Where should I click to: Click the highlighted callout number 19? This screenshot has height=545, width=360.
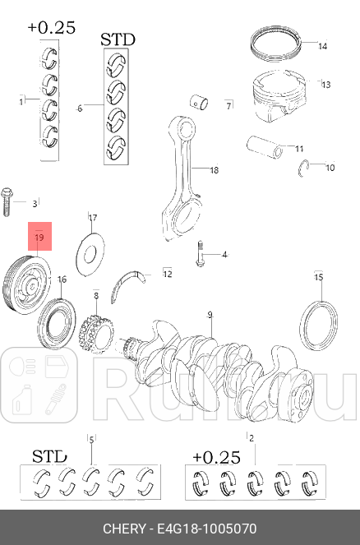coord(38,238)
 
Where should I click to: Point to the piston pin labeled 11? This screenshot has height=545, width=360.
coord(265,148)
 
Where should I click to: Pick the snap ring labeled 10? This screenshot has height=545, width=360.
coord(304,169)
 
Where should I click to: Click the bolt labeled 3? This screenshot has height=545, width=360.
coord(10,197)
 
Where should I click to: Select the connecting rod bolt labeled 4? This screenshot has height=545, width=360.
coord(199,255)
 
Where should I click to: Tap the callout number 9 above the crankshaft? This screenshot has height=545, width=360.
coord(210,315)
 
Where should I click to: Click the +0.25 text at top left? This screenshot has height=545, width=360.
coord(51,27)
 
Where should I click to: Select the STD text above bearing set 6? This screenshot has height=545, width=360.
coord(118,39)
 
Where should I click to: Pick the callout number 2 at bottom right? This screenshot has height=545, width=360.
coord(250,437)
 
